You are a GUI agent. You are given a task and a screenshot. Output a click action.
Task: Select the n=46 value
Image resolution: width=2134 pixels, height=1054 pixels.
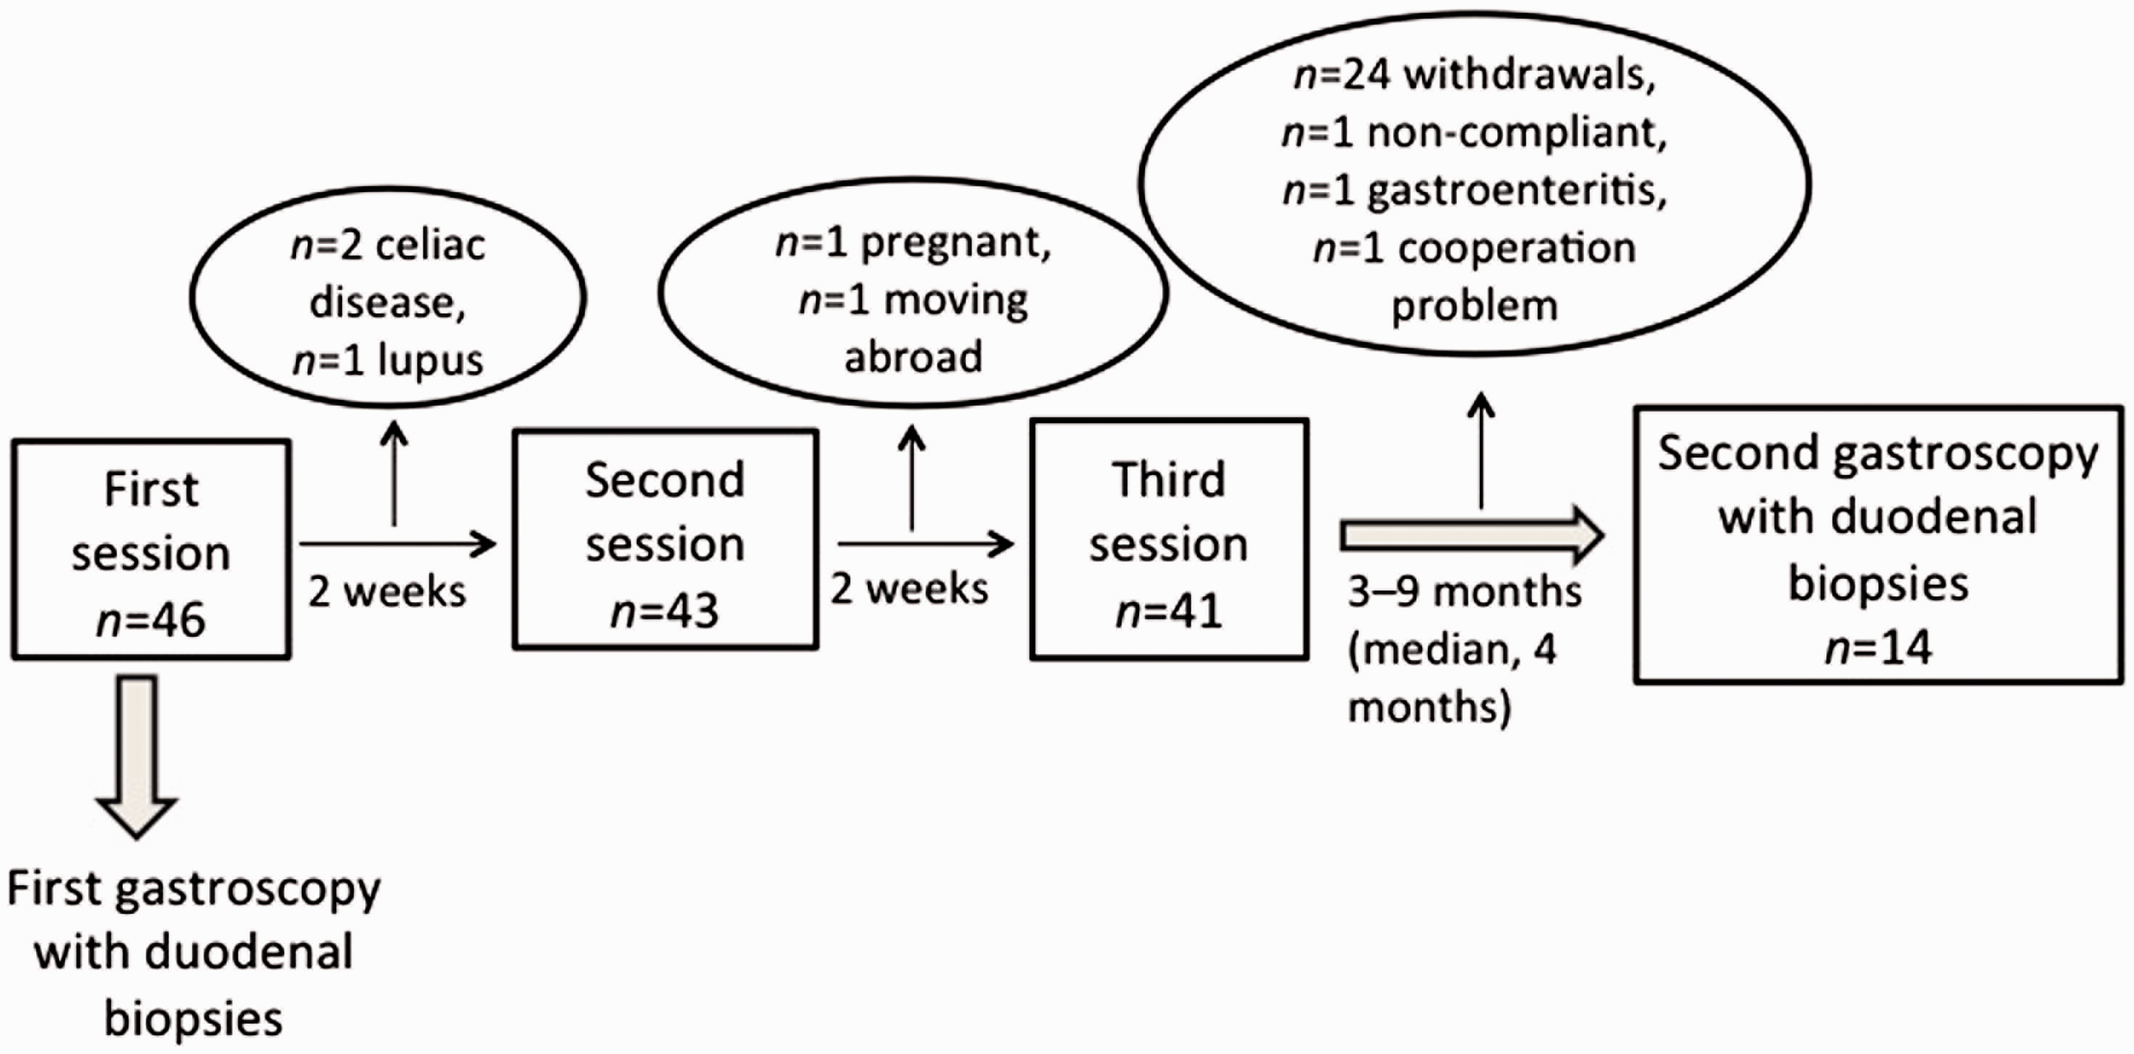pyautogui.click(x=151, y=619)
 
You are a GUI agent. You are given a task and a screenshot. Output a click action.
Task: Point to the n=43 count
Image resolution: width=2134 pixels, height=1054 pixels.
pyautogui.click(x=665, y=611)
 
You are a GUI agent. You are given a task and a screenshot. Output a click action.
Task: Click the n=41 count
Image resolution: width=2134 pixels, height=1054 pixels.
pyautogui.click(x=1169, y=611)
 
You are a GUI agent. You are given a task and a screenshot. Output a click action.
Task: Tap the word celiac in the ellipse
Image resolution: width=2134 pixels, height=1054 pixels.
pyautogui.click(x=430, y=245)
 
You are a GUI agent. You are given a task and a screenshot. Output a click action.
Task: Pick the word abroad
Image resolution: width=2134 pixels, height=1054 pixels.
pyautogui.click(x=913, y=357)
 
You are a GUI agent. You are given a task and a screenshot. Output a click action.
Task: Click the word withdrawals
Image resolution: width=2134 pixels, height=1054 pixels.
pyautogui.click(x=1529, y=75)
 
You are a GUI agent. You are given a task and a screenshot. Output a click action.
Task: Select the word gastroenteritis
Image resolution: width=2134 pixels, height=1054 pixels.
pyautogui.click(x=1517, y=191)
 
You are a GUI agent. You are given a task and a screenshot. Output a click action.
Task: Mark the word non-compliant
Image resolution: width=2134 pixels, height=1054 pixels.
pyautogui.click(x=1517, y=133)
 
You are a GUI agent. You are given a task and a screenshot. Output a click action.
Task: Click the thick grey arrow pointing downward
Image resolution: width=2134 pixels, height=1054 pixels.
pyautogui.click(x=136, y=757)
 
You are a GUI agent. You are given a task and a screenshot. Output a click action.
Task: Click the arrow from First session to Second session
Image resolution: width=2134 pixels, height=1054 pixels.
pyautogui.click(x=398, y=544)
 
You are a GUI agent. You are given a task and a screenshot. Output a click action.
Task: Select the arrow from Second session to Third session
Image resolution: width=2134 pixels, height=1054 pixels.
pyautogui.click(x=926, y=544)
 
